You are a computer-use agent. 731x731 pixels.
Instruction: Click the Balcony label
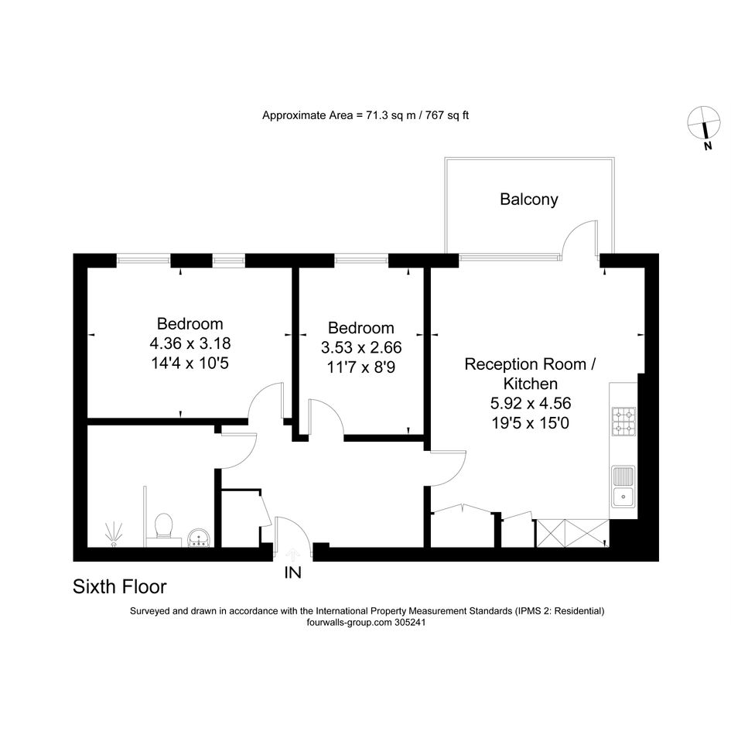(528, 200)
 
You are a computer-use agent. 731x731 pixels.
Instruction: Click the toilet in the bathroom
(163, 528)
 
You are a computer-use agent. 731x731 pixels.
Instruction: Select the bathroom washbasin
(200, 538)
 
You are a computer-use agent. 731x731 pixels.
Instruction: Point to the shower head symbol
(113, 535)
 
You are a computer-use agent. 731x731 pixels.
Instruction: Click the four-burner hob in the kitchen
(623, 422)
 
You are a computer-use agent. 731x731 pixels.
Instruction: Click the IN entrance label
(292, 572)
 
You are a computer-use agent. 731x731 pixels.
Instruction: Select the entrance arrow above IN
(292, 555)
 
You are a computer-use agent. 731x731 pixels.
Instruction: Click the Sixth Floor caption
(119, 586)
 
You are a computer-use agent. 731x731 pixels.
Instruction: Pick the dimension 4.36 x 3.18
(190, 343)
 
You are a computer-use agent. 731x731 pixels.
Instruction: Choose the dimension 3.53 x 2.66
(361, 348)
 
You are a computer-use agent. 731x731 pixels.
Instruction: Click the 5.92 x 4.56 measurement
(531, 403)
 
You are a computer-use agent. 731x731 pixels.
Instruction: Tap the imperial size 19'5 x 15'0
(531, 423)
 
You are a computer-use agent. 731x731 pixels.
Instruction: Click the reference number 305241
(410, 623)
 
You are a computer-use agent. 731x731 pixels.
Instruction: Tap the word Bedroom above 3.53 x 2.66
(361, 328)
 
